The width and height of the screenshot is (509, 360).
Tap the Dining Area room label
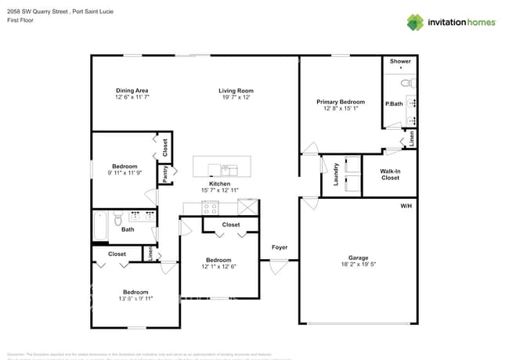click(132, 91)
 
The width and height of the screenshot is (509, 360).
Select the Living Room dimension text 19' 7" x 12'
click(236, 98)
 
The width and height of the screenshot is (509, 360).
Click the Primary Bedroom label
click(341, 102)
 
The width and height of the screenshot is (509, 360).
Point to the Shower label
click(400, 61)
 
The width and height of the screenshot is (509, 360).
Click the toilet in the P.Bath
click(406, 82)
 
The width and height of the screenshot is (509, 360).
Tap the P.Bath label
click(393, 103)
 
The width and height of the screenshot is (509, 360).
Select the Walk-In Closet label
click(390, 174)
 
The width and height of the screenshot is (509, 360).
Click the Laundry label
click(335, 173)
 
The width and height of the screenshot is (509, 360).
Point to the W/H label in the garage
click(406, 206)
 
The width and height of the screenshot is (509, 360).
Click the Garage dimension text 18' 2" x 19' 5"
click(358, 265)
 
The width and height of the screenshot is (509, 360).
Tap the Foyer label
click(280, 247)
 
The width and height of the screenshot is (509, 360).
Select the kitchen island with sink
click(222, 167)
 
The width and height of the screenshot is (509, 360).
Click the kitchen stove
click(210, 207)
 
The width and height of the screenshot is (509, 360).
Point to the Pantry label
click(165, 174)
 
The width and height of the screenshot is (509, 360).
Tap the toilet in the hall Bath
click(117, 218)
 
